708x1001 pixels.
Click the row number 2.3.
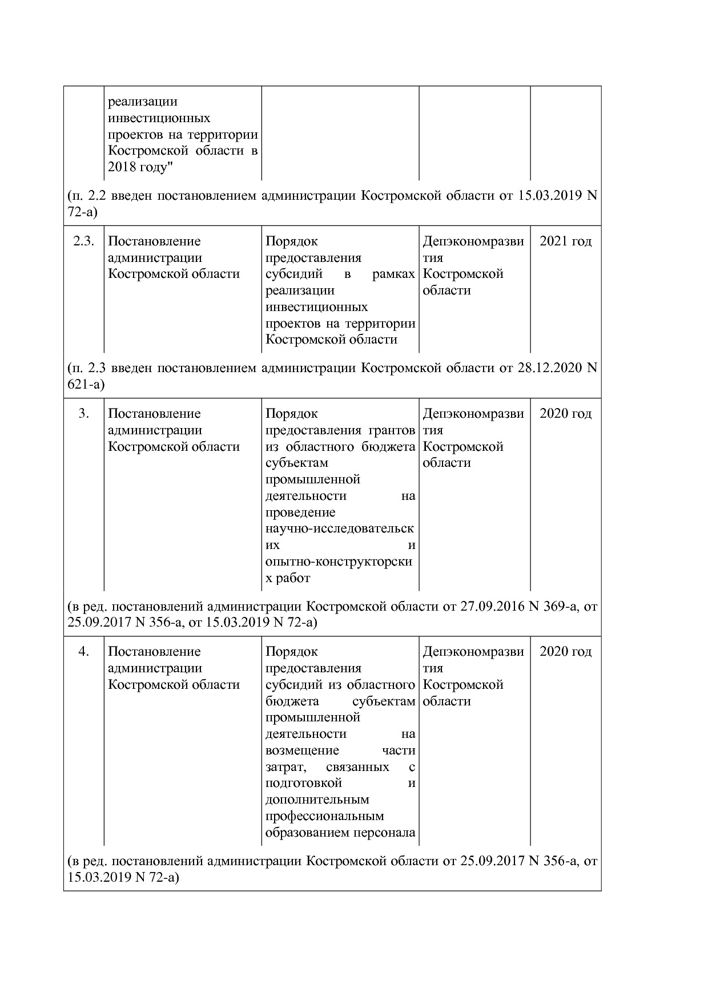83,241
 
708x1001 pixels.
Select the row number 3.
83,414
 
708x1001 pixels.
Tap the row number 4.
83,652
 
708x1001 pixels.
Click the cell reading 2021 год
565,241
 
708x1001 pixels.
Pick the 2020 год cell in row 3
565,414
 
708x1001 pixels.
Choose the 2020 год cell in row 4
565,652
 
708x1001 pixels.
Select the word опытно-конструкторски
339,562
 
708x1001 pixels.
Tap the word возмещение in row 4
302,750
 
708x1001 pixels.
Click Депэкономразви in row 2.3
473,241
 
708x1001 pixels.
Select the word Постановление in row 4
154,652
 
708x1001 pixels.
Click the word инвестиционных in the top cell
159,118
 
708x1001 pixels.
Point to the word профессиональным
324,816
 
